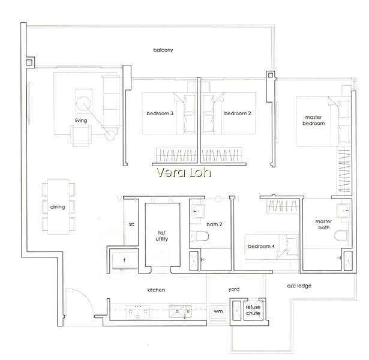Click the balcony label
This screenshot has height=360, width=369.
coord(163,50)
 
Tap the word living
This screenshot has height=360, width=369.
coord(81,121)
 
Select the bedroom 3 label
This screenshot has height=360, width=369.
coord(160,113)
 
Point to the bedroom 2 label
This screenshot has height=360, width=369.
coord(238,113)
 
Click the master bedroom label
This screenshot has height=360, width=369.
coord(313,120)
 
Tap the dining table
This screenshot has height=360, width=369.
coord(59,207)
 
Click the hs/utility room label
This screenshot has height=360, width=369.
coord(161,236)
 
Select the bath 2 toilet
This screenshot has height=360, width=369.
coord(199,236)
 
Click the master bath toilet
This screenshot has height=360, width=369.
coord(341,236)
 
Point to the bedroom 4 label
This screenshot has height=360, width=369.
coord(261,247)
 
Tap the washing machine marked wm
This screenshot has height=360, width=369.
coord(218,313)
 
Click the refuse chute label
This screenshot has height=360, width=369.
coord(253,310)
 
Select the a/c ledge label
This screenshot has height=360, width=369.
coord(299,286)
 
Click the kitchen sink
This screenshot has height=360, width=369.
coord(180,311)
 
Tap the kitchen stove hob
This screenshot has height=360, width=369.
coord(138,312)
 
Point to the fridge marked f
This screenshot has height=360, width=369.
coord(124,260)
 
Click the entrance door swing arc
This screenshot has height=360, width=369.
coord(85,297)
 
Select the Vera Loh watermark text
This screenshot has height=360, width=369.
coord(184,172)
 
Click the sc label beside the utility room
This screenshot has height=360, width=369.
coord(131,224)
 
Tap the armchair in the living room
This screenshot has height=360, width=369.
coord(81,135)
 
